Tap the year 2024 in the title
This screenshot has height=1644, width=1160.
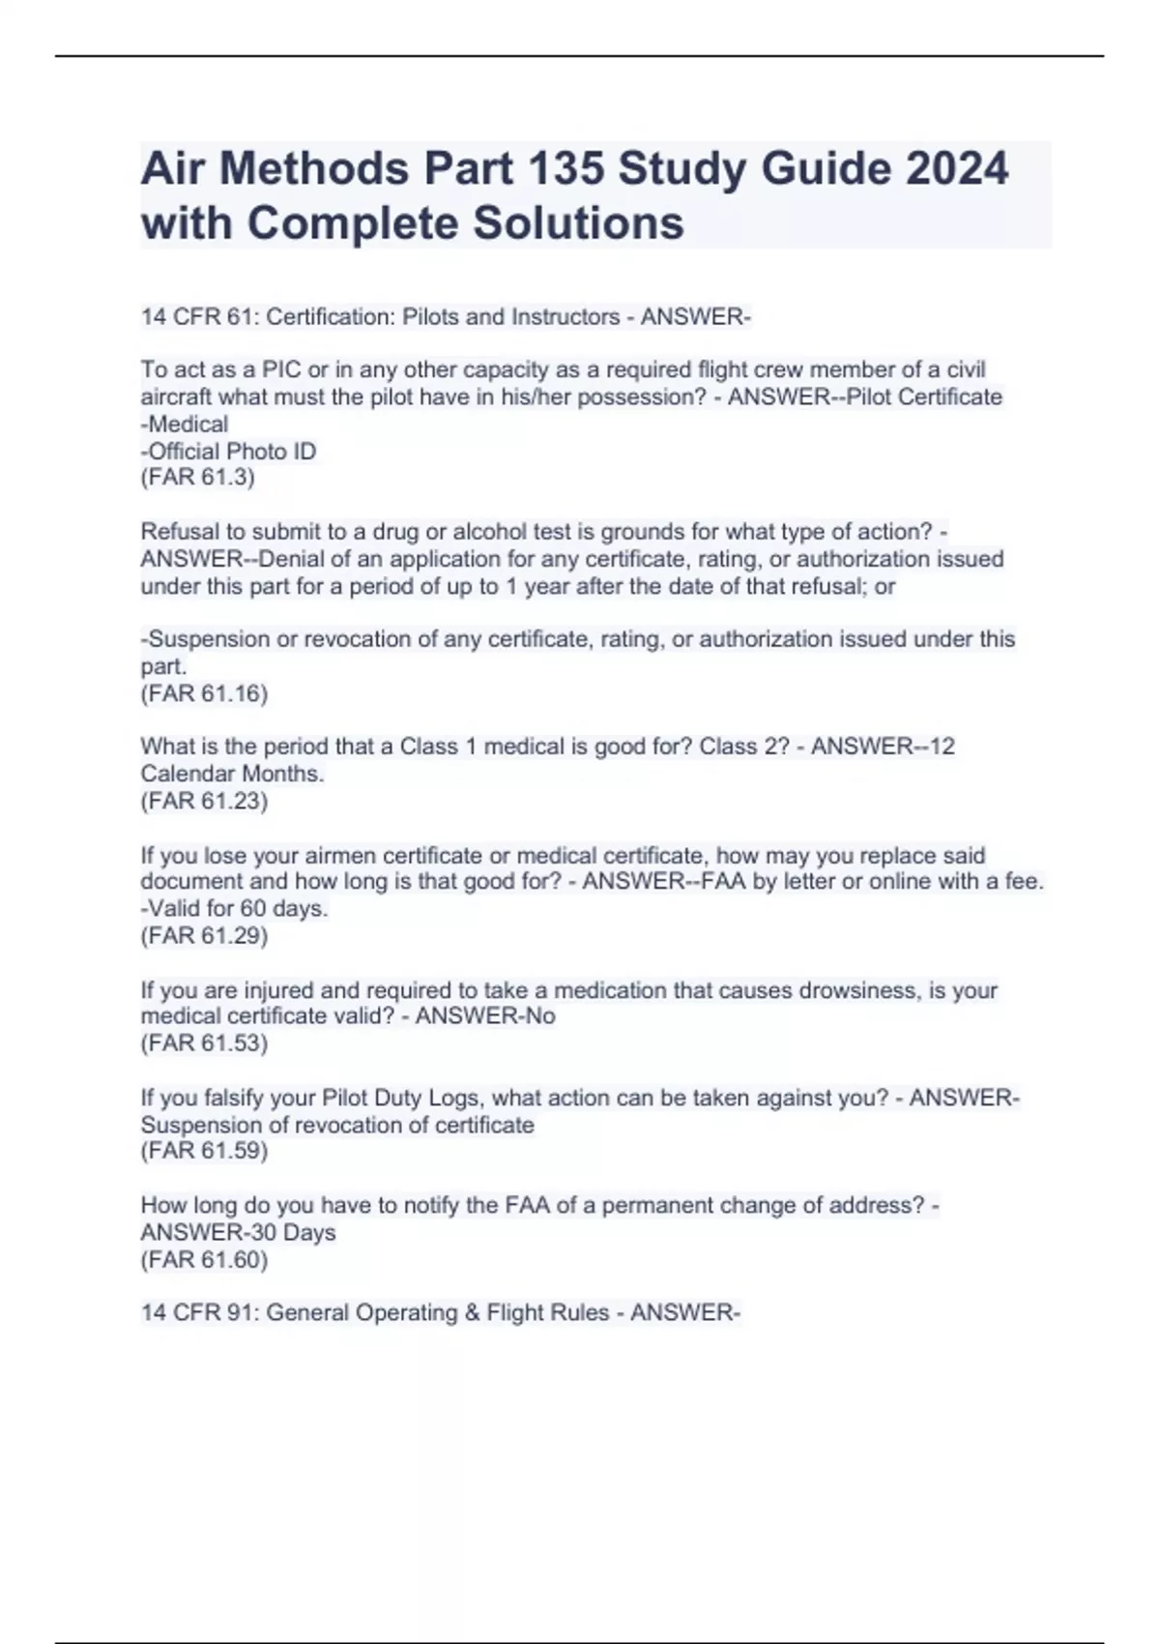(956, 169)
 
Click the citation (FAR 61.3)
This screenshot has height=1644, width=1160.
(198, 478)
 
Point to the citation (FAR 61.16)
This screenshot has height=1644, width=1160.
(204, 693)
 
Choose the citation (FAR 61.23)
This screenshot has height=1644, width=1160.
(204, 801)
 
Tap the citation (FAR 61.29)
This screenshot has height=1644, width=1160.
(204, 935)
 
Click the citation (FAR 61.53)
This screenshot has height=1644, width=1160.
(204, 1042)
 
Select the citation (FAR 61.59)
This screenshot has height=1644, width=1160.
(204, 1151)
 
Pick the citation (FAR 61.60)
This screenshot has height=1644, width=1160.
(204, 1259)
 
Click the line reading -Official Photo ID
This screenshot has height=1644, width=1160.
(229, 452)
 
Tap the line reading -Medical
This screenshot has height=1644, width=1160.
(185, 425)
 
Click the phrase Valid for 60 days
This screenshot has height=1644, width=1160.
(238, 909)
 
